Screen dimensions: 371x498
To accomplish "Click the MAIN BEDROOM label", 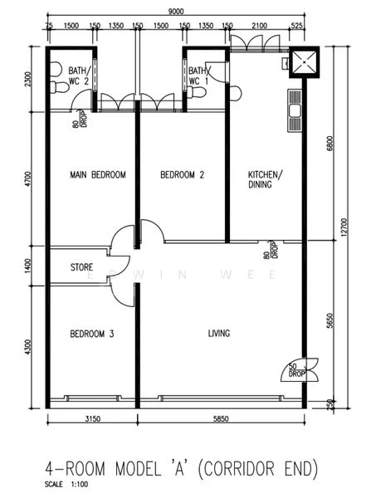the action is (98, 174).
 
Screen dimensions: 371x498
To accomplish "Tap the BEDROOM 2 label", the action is (182, 174).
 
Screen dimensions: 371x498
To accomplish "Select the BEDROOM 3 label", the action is (92, 334).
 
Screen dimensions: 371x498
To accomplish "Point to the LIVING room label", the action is (219, 333).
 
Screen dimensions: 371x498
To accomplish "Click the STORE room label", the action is (81, 267).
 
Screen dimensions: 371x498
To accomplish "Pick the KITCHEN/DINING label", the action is (265, 179).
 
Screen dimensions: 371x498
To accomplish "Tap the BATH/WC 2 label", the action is (80, 76).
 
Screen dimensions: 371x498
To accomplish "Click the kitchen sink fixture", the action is (295, 110).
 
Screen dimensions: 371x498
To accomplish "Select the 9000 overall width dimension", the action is (176, 12).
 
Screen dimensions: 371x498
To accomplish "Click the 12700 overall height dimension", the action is (346, 226).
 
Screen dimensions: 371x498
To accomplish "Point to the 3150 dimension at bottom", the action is (92, 419).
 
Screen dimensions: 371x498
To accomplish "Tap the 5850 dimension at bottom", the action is (221, 419).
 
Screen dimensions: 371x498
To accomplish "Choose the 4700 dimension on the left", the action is (28, 178).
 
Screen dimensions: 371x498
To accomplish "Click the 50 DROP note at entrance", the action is (296, 370).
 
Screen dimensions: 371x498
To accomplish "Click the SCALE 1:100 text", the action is (66, 485).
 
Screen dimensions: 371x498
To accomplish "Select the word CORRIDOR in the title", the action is (238, 469).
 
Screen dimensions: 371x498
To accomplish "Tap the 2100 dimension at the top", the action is (259, 26).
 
